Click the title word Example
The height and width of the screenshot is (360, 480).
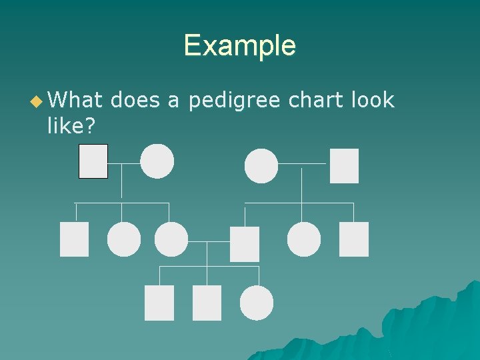pos(239,45)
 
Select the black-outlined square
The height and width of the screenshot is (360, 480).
pos(93,161)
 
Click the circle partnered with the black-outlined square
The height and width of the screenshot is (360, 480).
pos(157,161)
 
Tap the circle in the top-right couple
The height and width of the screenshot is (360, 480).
pos(261,165)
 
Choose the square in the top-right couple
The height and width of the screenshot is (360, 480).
pos(344,165)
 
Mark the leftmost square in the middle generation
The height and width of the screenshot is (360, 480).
pos(74,239)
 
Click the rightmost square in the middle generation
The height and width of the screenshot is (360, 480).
pos(353,239)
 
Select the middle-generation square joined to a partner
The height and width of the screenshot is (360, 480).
pos(244,243)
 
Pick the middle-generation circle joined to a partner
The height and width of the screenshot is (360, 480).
pos(171,239)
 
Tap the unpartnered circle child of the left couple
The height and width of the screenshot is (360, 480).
pos(124,239)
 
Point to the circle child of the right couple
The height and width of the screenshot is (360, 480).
pos(304,239)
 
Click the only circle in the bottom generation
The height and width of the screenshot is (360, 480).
pos(257,303)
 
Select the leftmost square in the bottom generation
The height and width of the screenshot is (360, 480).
pos(159,303)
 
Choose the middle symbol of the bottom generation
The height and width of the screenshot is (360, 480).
pos(207,303)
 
